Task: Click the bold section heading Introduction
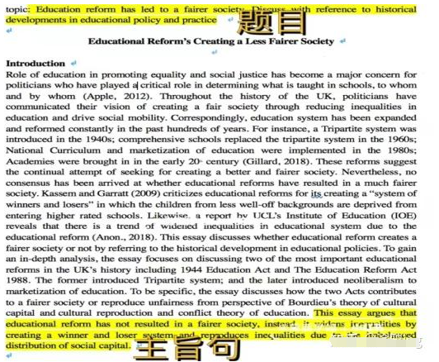(x=35, y=64)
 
